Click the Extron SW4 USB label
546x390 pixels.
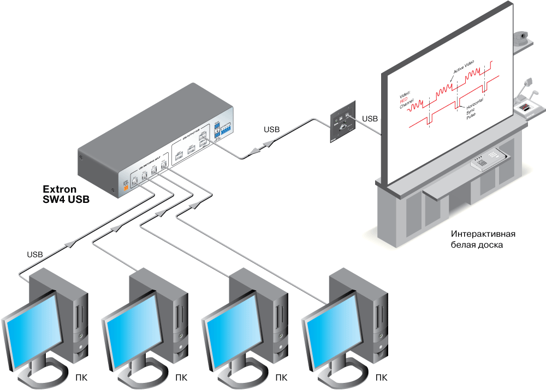click(66, 194)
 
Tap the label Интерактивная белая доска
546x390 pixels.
click(483, 239)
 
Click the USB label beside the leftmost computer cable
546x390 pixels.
click(35, 254)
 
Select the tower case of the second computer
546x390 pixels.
click(158, 305)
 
